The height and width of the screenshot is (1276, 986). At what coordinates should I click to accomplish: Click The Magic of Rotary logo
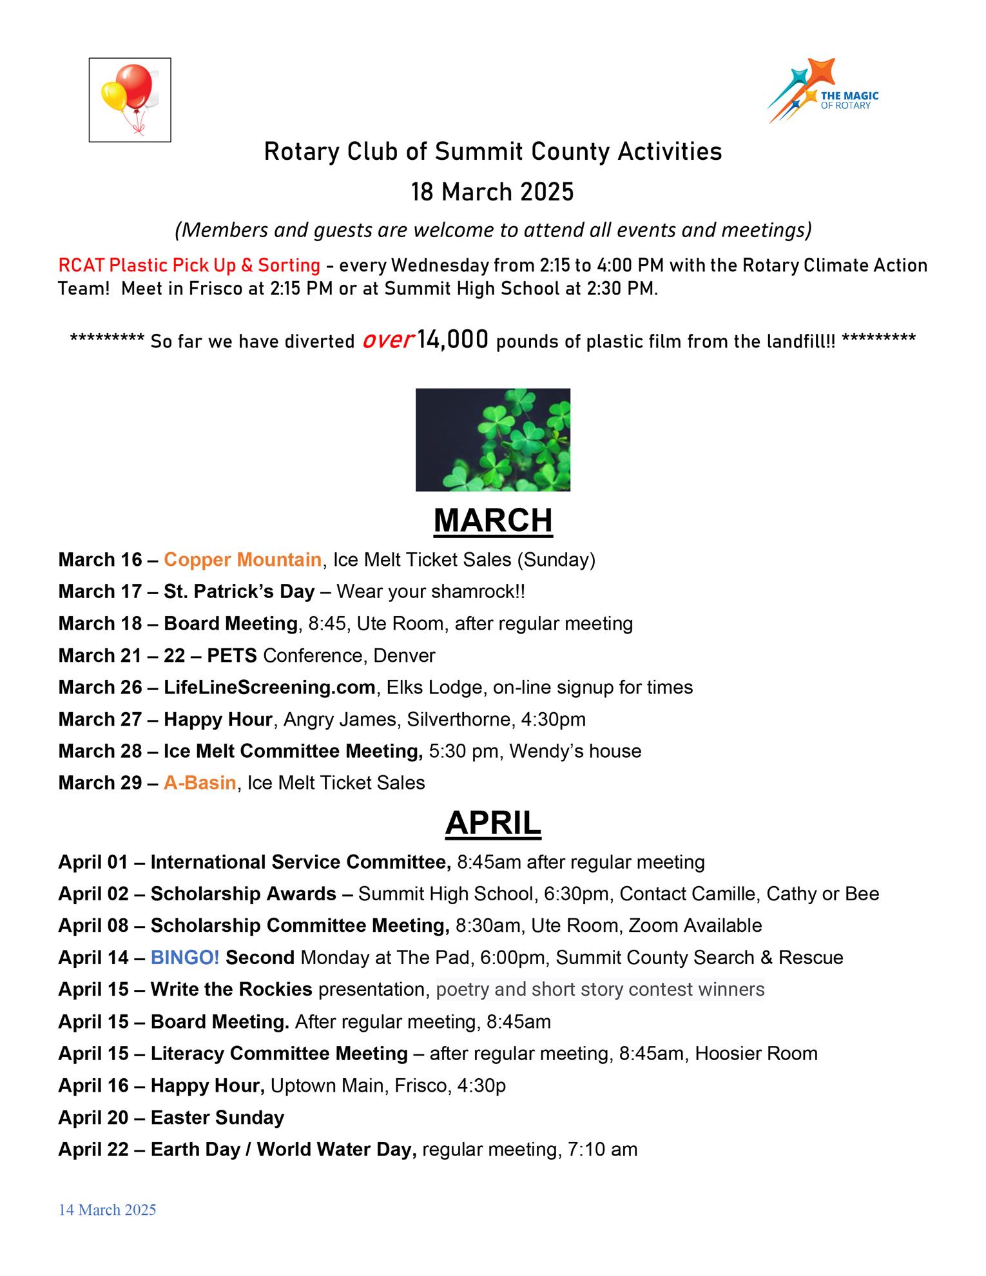[x=823, y=92]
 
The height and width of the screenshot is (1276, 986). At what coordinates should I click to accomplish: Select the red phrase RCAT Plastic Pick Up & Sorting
[x=189, y=266]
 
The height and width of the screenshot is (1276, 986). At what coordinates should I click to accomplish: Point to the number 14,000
[x=452, y=340]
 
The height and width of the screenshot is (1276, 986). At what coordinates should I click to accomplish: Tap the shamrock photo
[x=493, y=440]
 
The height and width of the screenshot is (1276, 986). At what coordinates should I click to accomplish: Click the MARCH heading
[x=493, y=520]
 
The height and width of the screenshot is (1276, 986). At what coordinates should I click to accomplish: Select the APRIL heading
[x=493, y=823]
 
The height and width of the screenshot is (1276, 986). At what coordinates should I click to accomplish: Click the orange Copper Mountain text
[x=242, y=559]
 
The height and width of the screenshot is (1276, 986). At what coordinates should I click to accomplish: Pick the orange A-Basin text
[x=200, y=783]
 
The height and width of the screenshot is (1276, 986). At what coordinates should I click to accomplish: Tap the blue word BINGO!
[x=185, y=958]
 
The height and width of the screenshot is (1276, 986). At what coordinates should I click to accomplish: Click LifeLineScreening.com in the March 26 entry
[x=269, y=688]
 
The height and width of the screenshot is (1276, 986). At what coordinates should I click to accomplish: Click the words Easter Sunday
[x=217, y=1117]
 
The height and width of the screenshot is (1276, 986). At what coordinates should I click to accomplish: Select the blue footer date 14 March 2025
[x=108, y=1210]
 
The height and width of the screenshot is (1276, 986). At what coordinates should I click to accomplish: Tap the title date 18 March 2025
[x=493, y=192]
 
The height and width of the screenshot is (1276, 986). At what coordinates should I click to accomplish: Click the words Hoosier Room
[x=756, y=1054]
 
